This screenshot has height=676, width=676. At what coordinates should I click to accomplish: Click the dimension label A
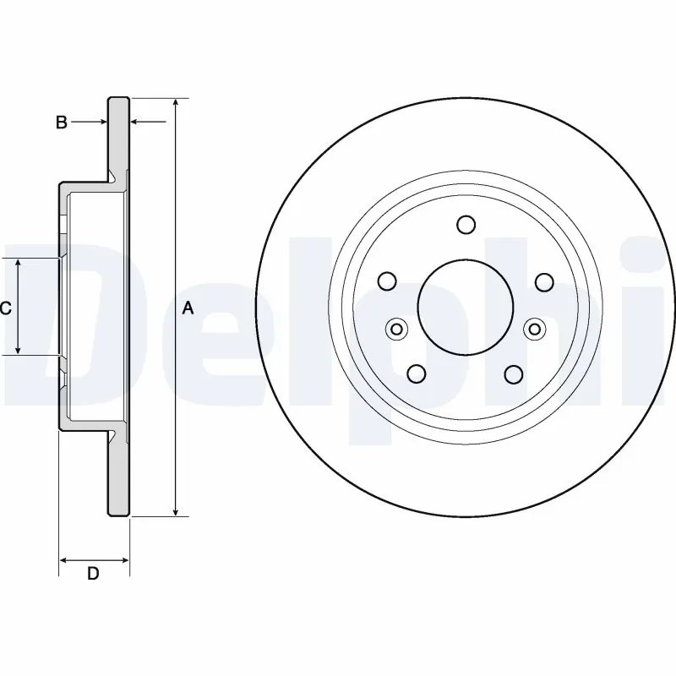tap(188, 308)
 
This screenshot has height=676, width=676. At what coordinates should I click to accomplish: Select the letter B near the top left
tap(61, 123)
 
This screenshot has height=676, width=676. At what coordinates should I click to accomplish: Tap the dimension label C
tap(6, 308)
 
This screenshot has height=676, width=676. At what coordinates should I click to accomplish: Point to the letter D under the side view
tap(94, 574)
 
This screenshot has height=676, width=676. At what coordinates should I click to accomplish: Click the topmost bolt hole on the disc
tap(466, 225)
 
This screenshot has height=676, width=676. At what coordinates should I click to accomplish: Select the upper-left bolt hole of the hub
tap(388, 281)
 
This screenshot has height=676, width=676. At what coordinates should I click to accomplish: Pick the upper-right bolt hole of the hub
tap(543, 281)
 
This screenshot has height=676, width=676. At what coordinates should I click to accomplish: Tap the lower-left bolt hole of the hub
tap(417, 373)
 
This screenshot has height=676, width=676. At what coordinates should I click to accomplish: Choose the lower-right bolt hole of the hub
tap(514, 373)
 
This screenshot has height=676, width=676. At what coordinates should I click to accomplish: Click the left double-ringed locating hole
tap(395, 329)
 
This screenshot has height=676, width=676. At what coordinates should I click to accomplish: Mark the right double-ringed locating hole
tap(535, 329)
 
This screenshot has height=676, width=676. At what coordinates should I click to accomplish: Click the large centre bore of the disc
tap(466, 305)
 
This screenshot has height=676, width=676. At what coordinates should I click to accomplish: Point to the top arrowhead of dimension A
tap(175, 102)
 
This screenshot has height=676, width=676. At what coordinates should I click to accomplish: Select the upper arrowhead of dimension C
tap(19, 264)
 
